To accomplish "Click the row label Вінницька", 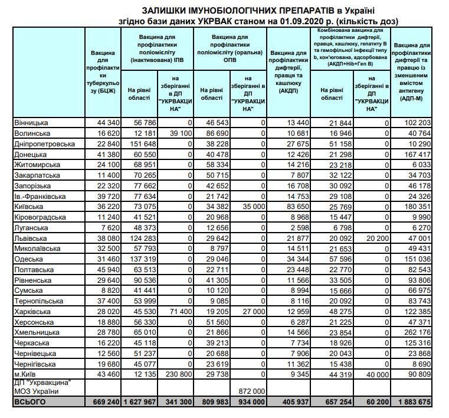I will [32, 122].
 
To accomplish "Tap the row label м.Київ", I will [27, 374].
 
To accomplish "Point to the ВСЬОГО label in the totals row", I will [29, 403].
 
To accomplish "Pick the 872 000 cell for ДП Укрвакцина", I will [251, 391].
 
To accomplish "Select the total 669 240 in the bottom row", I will [104, 403].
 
